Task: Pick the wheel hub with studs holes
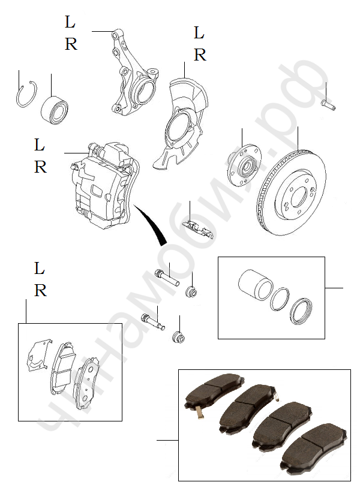(244, 165)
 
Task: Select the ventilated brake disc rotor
(291, 193)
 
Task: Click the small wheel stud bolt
(328, 105)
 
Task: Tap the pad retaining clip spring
(199, 229)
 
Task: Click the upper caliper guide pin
(167, 277)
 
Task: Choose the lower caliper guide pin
(153, 323)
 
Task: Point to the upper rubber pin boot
(191, 291)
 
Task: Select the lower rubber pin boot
(178, 337)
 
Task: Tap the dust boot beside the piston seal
(301, 311)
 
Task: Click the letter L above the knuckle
(70, 22)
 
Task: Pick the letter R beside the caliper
(40, 167)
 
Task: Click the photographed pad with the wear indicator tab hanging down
(214, 392)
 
